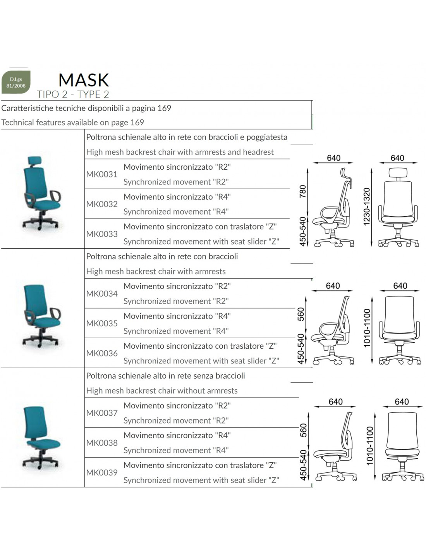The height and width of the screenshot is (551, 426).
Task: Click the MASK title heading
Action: click(x=84, y=80)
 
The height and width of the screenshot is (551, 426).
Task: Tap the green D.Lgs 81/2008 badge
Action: click(x=16, y=82)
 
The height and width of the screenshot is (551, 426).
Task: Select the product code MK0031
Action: click(x=102, y=174)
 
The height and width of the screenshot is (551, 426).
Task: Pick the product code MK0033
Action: click(x=102, y=234)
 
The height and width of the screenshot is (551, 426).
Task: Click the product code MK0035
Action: click(x=102, y=323)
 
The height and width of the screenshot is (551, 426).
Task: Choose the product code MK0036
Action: click(x=102, y=353)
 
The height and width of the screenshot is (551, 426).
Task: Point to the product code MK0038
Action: click(x=102, y=443)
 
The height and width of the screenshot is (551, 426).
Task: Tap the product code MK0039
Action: click(x=102, y=472)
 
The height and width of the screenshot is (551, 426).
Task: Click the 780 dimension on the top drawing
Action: click(x=302, y=191)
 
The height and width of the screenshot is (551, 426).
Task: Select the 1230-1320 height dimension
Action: click(x=367, y=207)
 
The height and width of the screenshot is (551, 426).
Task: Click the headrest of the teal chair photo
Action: click(x=35, y=160)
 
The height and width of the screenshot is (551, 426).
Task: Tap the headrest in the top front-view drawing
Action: click(x=398, y=172)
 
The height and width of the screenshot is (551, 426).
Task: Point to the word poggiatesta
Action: click(x=267, y=138)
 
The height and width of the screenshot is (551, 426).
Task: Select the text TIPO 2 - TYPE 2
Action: click(x=73, y=94)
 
